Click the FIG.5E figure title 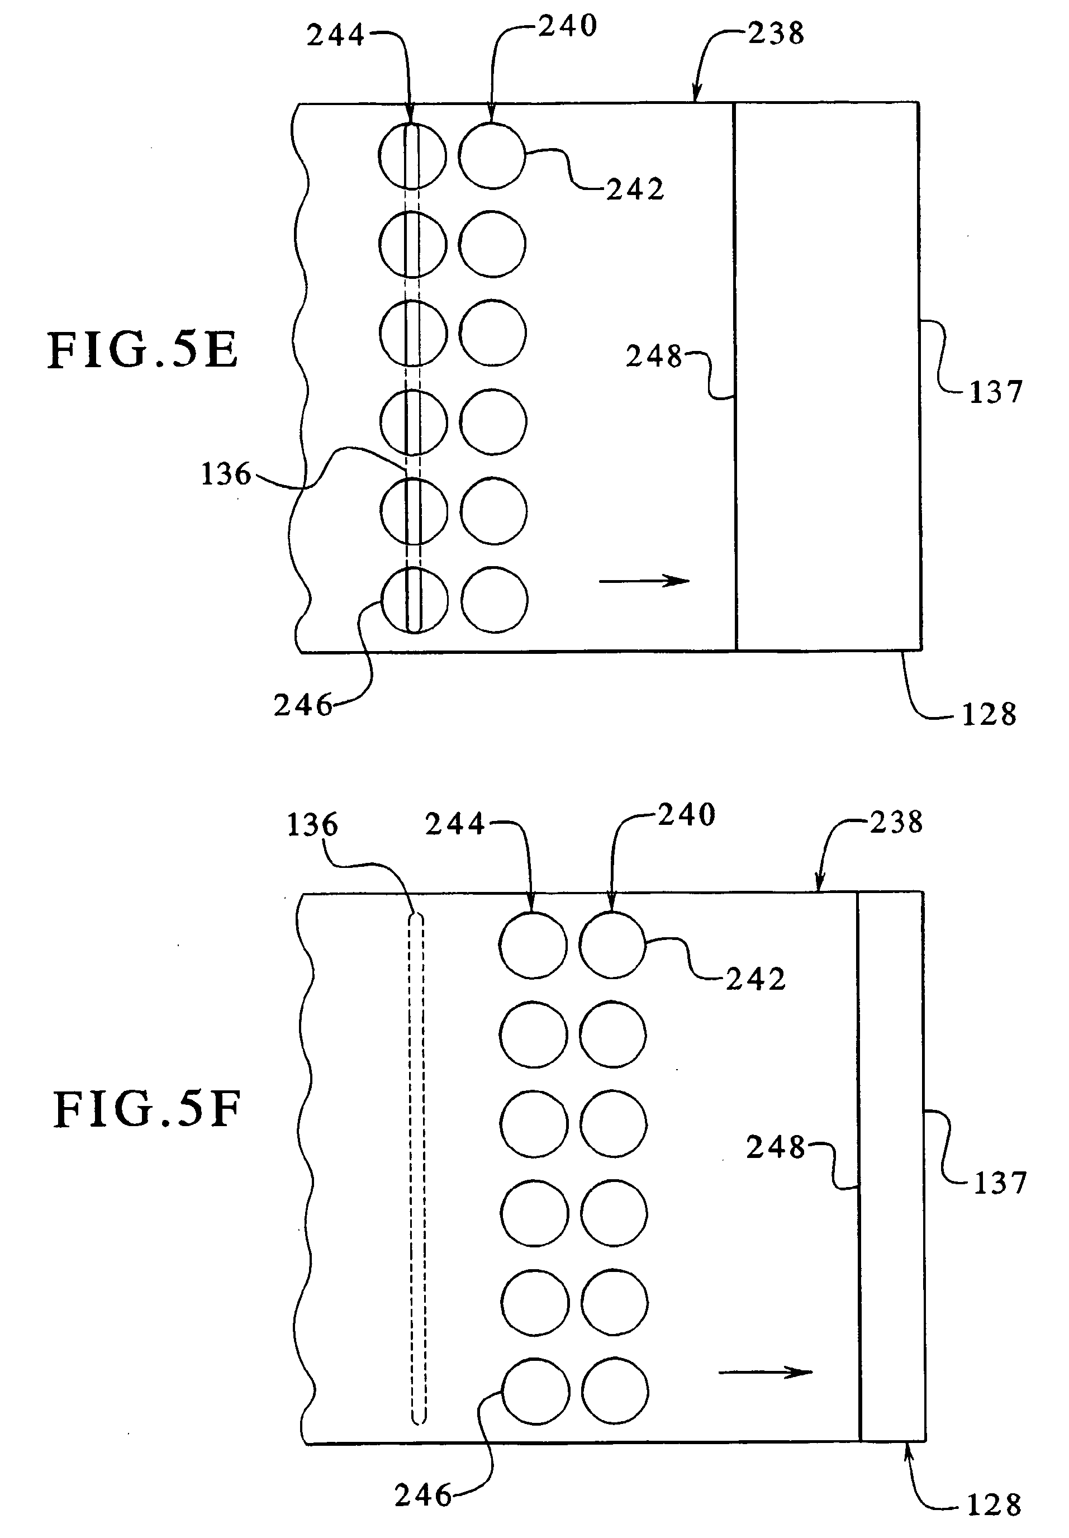coord(142,351)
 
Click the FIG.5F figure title coord(146,1110)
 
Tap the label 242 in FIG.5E coord(635,189)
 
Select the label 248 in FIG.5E coord(654,357)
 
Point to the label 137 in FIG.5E coord(996,392)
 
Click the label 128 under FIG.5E coord(989,715)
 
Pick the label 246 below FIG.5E coord(303,705)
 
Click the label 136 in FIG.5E coord(226,474)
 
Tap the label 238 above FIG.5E coord(776,34)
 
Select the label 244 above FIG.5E coord(336,35)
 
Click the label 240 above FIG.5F coord(687,815)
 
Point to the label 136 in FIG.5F coord(312,825)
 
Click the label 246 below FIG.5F coord(424,1494)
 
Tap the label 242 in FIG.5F coord(756,979)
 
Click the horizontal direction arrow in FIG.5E coord(643,580)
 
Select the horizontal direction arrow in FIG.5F coord(764,1373)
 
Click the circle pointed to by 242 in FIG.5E coord(492,155)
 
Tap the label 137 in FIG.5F coord(999,1183)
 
